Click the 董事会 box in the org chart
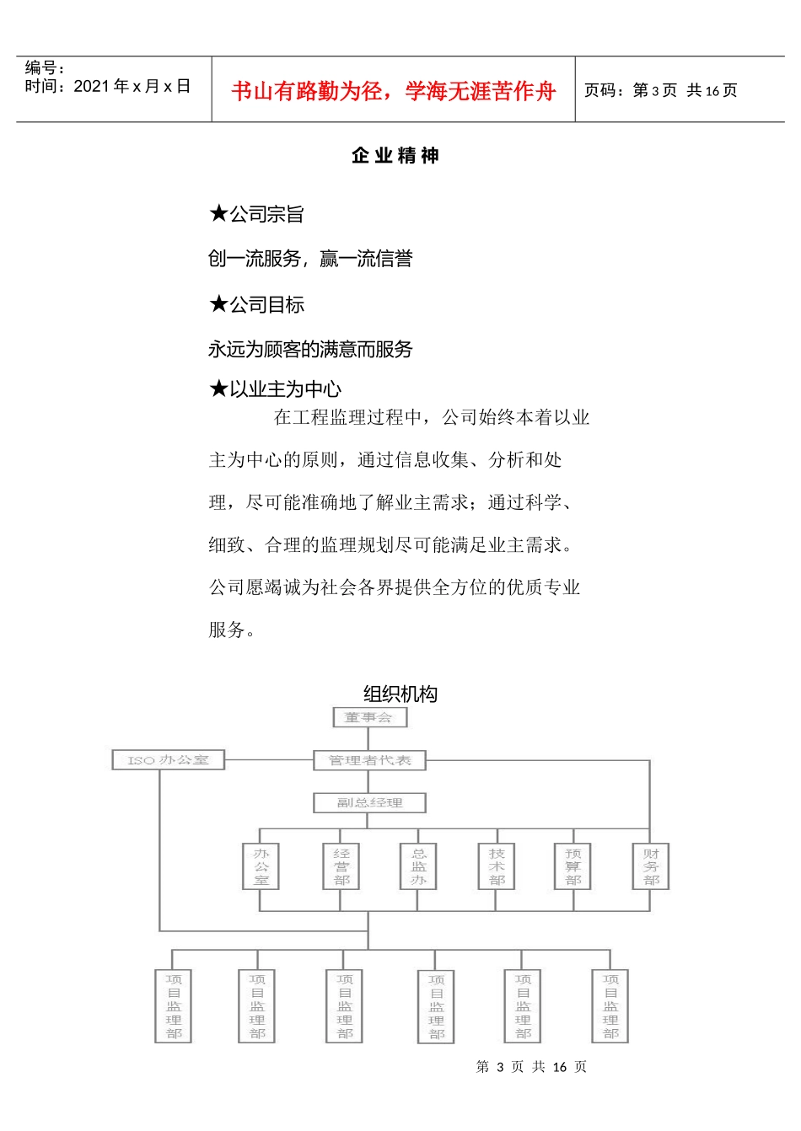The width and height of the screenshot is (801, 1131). (x=369, y=717)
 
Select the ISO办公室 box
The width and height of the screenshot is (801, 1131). (x=169, y=760)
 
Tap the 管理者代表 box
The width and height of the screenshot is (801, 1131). (x=369, y=760)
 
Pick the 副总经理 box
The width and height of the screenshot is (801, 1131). (x=369, y=802)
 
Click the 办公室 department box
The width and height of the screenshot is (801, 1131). (x=261, y=866)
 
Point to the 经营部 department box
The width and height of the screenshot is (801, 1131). (x=341, y=866)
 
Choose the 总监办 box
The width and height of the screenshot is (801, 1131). (x=418, y=866)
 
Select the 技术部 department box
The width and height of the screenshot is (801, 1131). (x=497, y=866)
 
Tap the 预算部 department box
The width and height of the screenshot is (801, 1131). (x=573, y=866)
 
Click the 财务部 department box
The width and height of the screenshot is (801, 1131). (x=651, y=866)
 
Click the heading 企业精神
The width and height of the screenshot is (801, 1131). (x=395, y=156)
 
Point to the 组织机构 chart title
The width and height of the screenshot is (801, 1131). (x=400, y=694)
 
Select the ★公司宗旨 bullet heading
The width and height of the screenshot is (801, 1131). (x=256, y=215)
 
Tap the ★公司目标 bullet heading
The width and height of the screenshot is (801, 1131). (x=256, y=305)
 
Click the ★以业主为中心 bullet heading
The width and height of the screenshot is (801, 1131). (x=275, y=389)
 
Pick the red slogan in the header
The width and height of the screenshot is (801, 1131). (x=394, y=91)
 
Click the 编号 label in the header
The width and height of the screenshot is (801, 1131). (x=45, y=68)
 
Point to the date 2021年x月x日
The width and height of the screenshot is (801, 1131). (x=132, y=86)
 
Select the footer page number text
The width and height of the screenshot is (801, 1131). (x=531, y=1067)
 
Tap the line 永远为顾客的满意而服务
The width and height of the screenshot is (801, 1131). (x=310, y=350)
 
